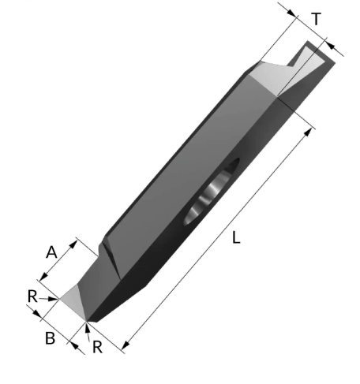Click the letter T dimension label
click(x=317, y=19)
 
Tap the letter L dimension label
click(x=237, y=237)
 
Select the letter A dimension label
click(x=51, y=252)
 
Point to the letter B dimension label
click(x=51, y=337)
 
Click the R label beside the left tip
click(x=32, y=296)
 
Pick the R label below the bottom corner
click(x=98, y=347)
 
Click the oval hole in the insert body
click(x=212, y=192)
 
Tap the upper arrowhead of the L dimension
click(x=308, y=132)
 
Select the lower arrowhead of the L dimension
click(x=126, y=345)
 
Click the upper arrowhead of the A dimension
click(x=73, y=244)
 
